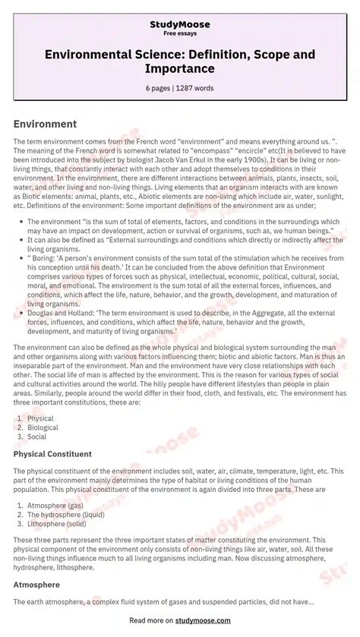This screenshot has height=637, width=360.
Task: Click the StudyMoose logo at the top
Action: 180,24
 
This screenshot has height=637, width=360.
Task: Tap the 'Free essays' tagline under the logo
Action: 180,34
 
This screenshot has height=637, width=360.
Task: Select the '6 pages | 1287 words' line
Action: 180,87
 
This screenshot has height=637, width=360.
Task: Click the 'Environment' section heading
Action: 45,124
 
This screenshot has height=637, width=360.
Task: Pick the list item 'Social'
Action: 37,437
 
